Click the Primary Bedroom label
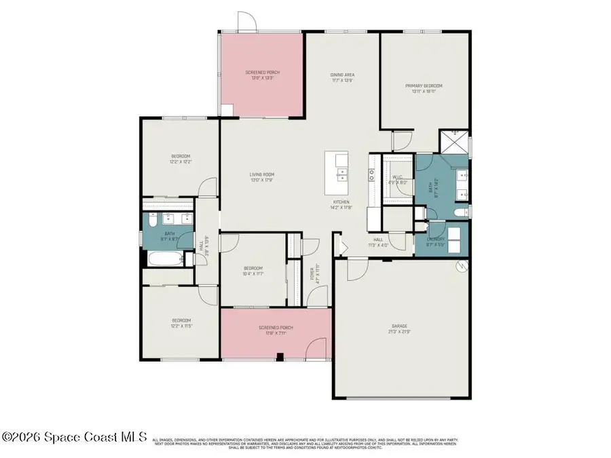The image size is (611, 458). tap(424, 86)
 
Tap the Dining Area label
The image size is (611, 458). tap(342, 75)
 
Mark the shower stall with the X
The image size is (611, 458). tap(454, 142)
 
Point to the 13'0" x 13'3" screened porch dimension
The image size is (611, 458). tap(262, 76)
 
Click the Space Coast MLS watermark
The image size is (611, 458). tap(75, 438)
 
